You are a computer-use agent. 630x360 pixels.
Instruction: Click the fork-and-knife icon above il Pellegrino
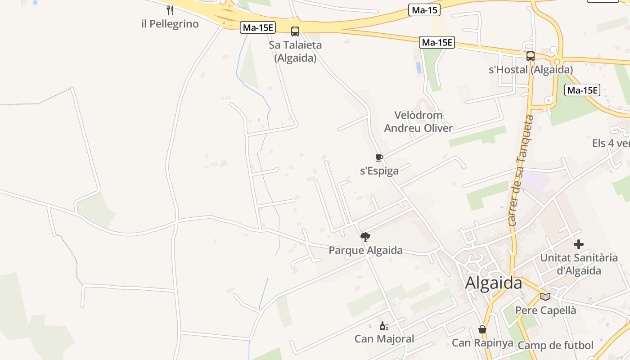click(170, 10)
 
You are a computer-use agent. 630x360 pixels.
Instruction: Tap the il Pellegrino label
click(170, 24)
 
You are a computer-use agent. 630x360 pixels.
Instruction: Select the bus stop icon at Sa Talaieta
click(295, 31)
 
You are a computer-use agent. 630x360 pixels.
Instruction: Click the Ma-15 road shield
click(424, 10)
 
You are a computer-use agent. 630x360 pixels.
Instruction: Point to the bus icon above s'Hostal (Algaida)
click(531, 56)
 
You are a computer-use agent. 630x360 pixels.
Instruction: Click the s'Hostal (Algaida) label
click(531, 70)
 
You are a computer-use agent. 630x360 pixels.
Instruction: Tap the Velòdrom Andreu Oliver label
click(418, 121)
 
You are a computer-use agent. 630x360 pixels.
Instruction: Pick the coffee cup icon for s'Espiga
click(379, 157)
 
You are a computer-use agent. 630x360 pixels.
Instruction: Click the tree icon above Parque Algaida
click(365, 237)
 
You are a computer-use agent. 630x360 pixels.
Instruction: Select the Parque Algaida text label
click(365, 250)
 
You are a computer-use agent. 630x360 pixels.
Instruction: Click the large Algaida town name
click(493, 283)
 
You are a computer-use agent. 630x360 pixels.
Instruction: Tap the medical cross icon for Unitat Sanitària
click(579, 244)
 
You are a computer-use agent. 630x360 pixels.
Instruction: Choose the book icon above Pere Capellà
click(545, 297)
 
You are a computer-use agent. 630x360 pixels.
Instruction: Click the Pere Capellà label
click(545, 310)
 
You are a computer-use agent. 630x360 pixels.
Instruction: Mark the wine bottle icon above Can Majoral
click(384, 326)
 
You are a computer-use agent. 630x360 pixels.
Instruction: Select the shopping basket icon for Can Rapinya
click(482, 329)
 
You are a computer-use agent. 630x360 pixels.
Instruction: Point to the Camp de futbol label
click(555, 345)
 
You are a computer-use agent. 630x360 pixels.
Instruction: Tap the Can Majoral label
click(384, 339)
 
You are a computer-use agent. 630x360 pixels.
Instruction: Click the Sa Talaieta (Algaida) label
click(295, 51)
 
